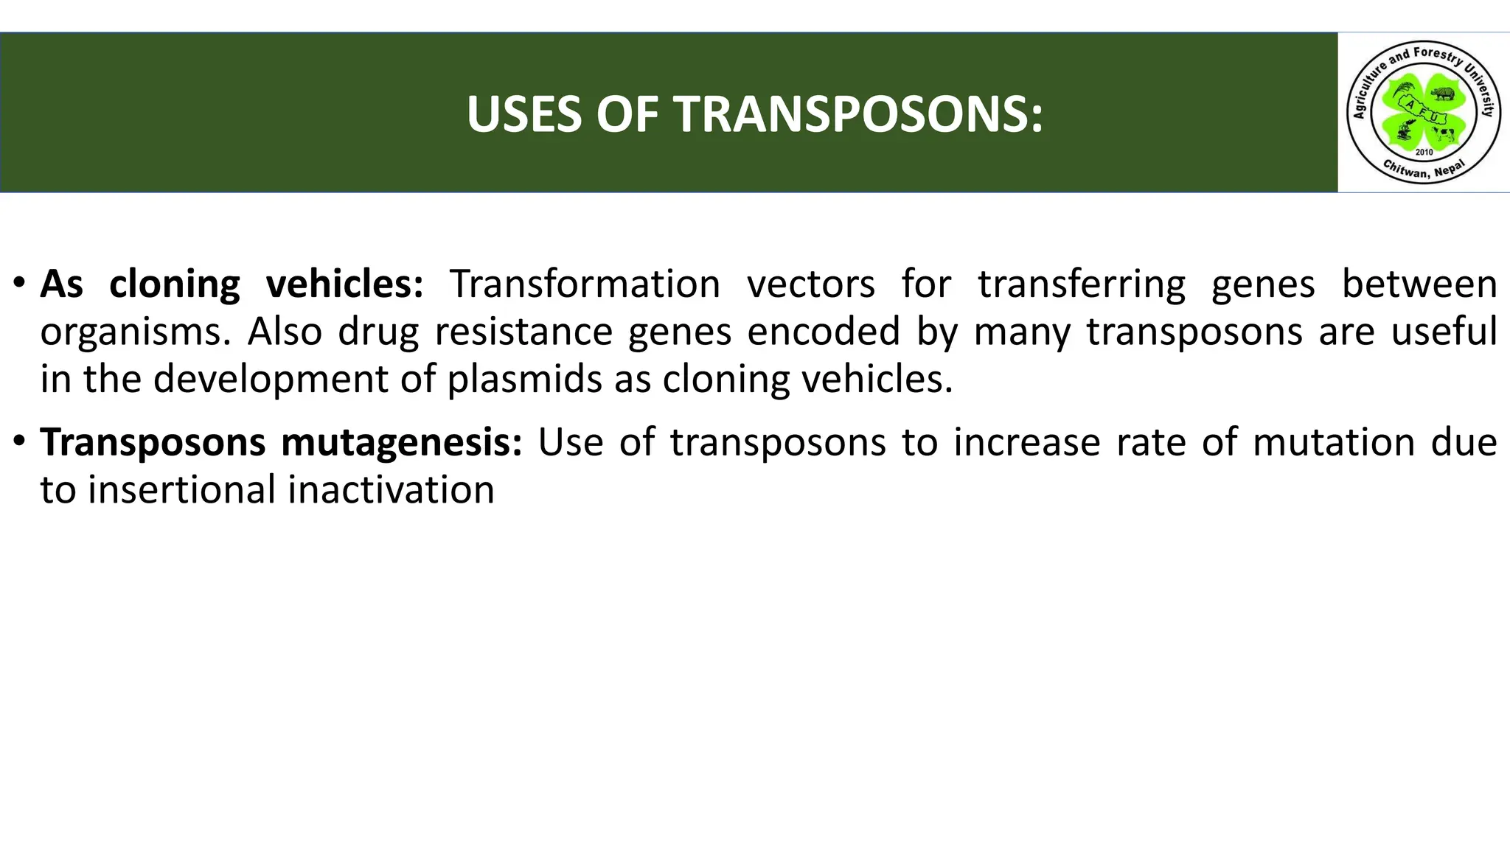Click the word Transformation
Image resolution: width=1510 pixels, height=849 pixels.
(x=585, y=284)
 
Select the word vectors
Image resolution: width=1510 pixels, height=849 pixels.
(x=811, y=284)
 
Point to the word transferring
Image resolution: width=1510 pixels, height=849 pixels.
(x=1082, y=284)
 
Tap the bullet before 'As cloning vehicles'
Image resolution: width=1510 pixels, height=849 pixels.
(x=20, y=283)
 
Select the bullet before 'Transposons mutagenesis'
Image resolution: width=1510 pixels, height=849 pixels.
(x=20, y=441)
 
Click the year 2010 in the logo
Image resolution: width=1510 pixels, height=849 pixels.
(x=1424, y=152)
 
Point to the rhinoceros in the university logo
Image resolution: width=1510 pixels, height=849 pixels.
(x=1443, y=94)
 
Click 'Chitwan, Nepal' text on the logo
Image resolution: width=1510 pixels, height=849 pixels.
(x=1424, y=170)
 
